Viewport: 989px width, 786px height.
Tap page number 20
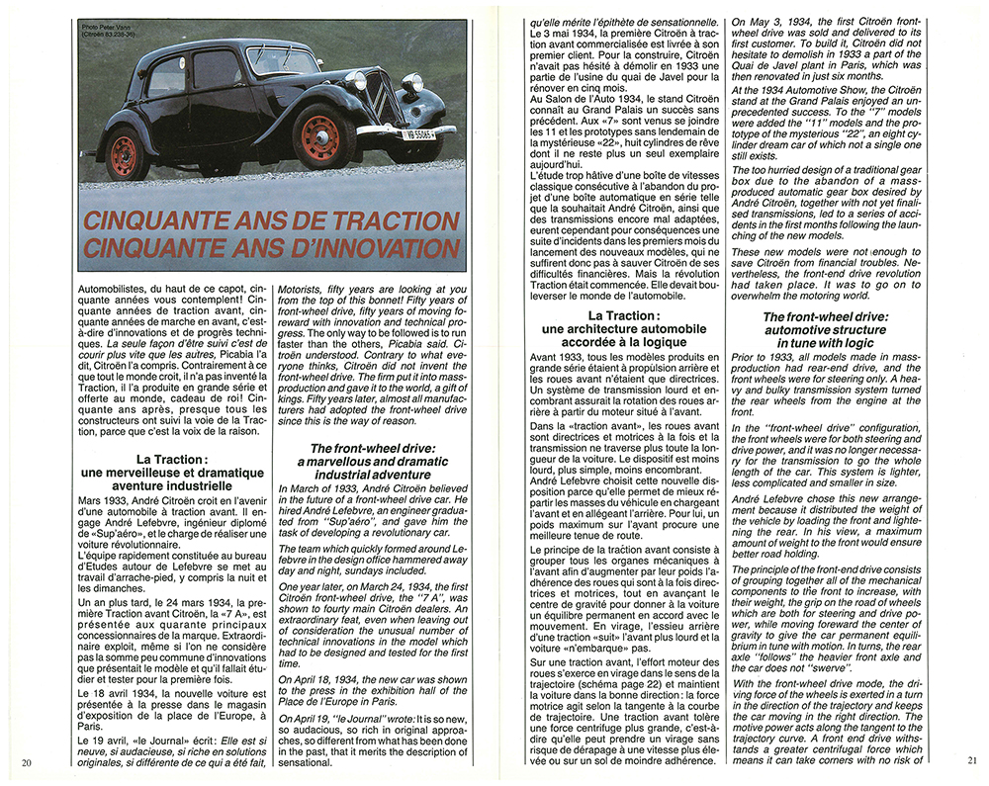(26, 761)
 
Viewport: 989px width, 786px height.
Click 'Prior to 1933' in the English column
(764, 357)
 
